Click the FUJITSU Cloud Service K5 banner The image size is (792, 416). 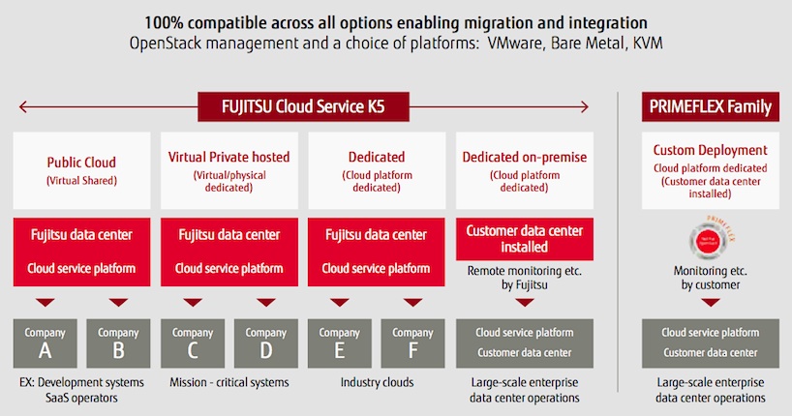coord(303,105)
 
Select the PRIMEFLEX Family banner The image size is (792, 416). coord(711,106)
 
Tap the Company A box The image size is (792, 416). coord(45,342)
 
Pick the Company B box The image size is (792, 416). coord(118,342)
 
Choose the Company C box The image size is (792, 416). coord(192,342)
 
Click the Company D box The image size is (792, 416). coord(265,342)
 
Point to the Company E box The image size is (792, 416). coord(339,342)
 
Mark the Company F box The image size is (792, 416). coord(412,342)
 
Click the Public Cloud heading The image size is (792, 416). coord(81,162)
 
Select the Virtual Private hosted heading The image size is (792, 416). coord(228,156)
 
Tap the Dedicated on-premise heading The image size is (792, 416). coord(524,156)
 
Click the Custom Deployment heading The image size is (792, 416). coord(711,150)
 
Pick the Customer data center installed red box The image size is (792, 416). coord(524,239)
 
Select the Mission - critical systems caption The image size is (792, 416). coord(228,382)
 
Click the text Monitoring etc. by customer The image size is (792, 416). coord(711,279)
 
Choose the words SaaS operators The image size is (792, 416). coord(81,398)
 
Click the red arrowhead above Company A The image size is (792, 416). coord(45,301)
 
